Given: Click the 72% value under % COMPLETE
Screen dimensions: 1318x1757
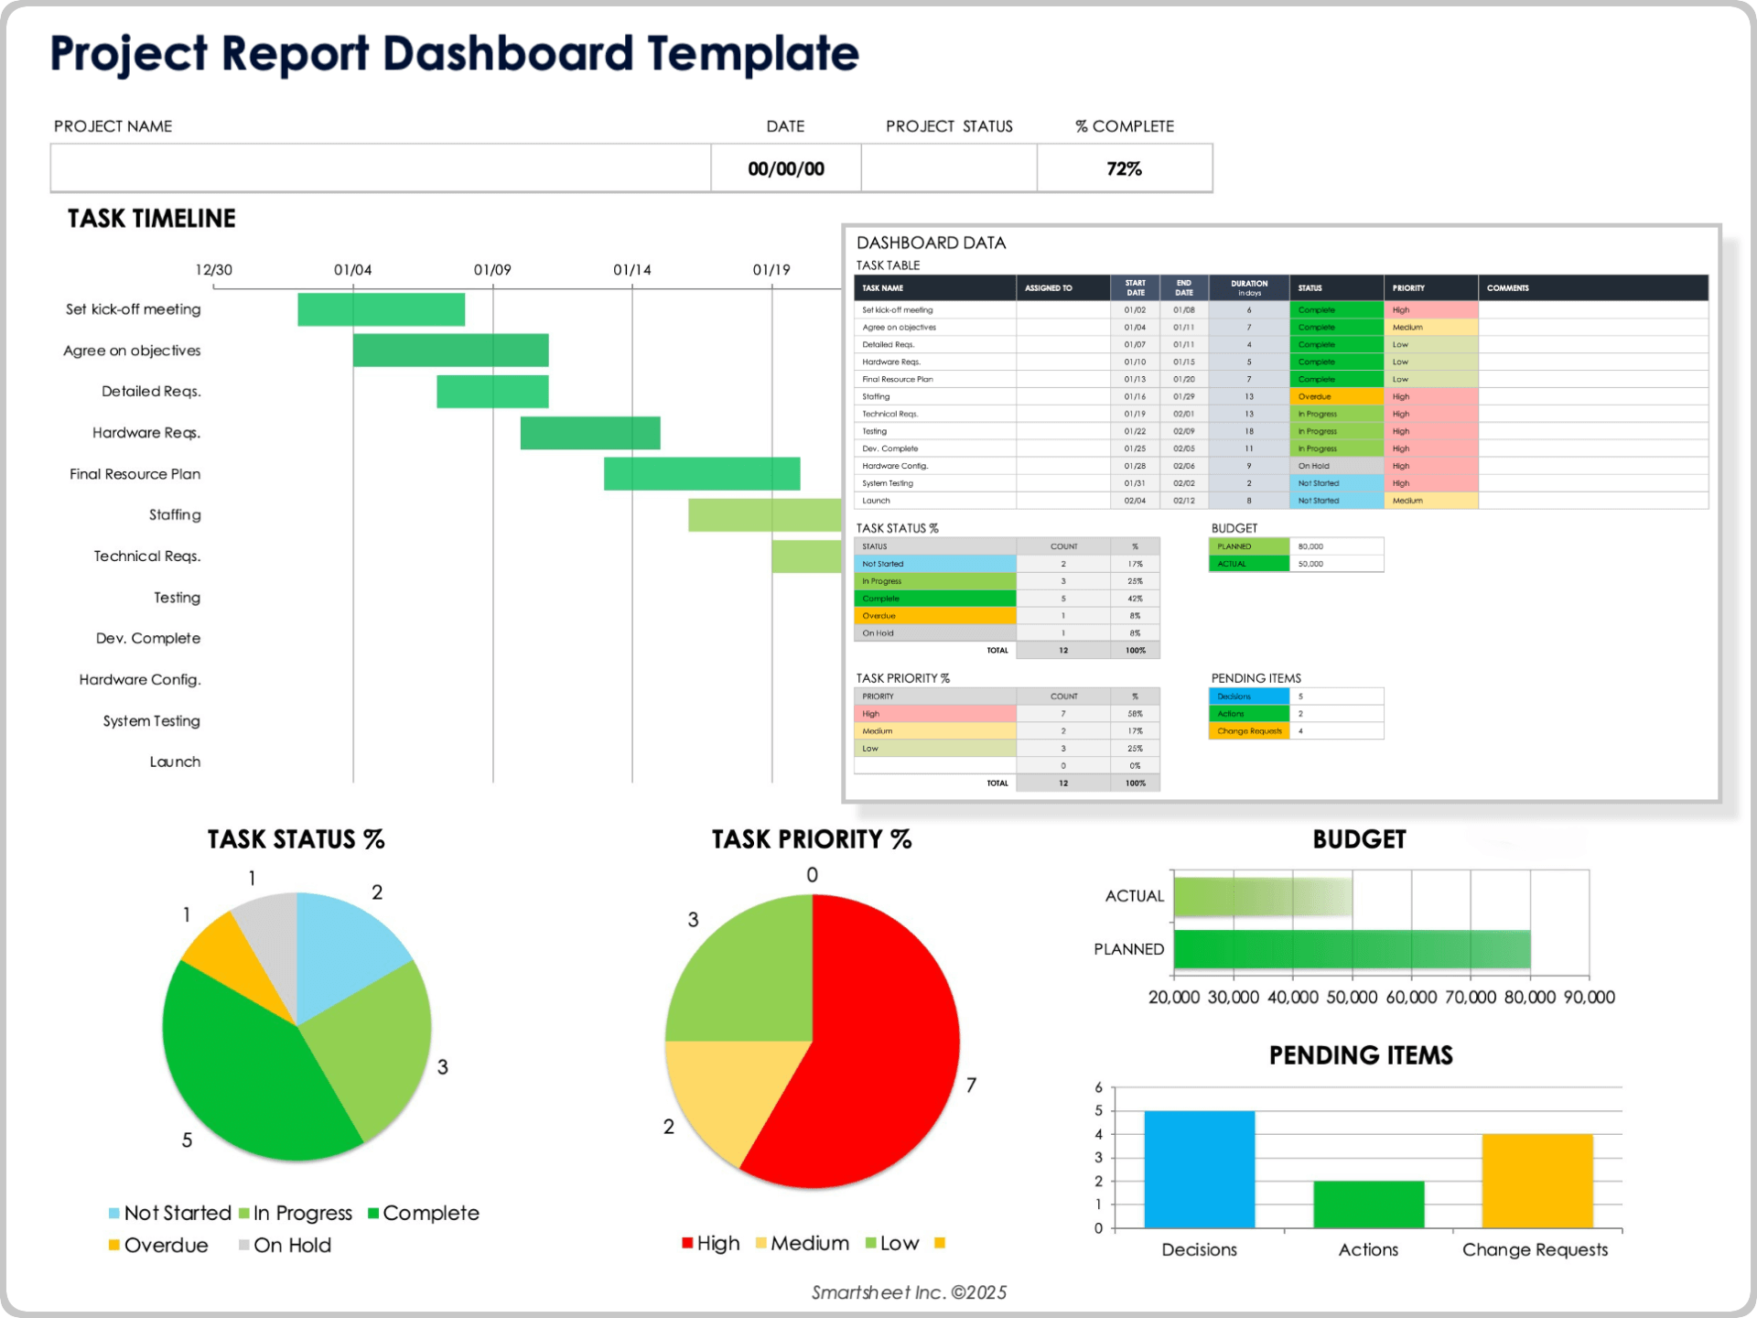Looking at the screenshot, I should [x=1124, y=168].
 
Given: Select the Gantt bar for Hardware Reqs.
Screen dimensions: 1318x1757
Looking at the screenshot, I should [x=590, y=433].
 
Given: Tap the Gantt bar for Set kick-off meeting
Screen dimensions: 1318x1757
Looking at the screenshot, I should [x=381, y=309].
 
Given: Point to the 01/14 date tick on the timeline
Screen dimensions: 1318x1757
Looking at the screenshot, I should [x=632, y=270].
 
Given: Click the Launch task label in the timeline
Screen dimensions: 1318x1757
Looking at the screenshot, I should [x=175, y=762].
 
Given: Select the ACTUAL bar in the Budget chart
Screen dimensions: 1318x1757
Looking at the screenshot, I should [x=1263, y=896].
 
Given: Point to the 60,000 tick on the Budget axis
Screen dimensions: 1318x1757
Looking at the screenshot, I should [x=1411, y=997].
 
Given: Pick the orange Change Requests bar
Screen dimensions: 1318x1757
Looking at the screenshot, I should [x=1537, y=1181].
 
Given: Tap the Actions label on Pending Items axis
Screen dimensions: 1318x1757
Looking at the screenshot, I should [x=1368, y=1249].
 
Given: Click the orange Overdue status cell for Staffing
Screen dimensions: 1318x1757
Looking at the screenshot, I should [x=1336, y=397].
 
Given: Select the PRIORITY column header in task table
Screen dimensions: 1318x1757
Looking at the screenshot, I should [x=1409, y=288].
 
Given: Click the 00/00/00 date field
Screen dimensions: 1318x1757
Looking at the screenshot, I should [x=786, y=168].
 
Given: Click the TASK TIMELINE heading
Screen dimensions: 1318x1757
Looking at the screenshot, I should [x=152, y=219].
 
